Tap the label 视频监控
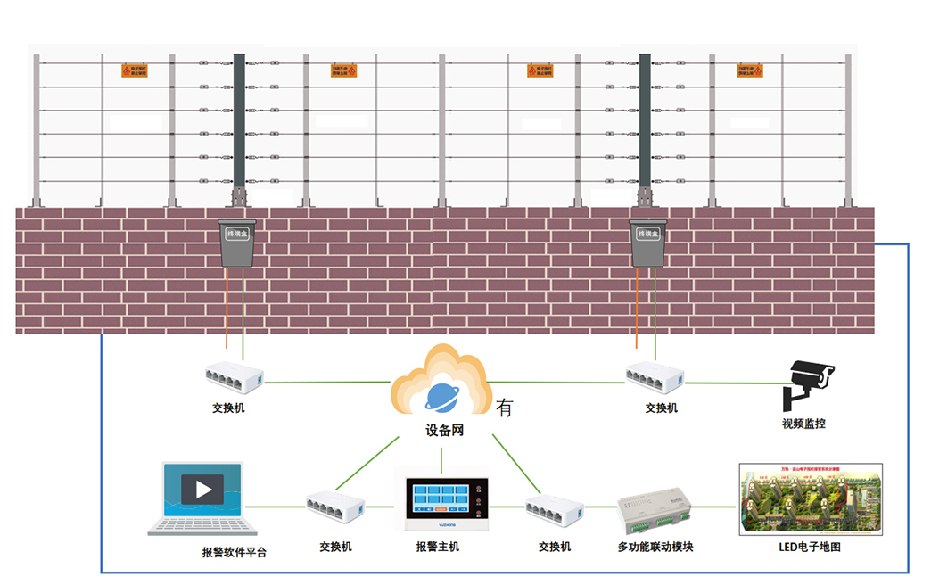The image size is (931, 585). (x=803, y=424)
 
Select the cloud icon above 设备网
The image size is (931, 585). (x=441, y=383)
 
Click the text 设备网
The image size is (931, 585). (x=444, y=431)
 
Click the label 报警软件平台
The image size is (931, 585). (x=235, y=552)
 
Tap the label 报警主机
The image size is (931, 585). (x=438, y=547)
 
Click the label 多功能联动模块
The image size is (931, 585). (x=655, y=547)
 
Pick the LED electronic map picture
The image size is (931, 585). (x=810, y=498)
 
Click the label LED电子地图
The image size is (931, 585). (x=810, y=547)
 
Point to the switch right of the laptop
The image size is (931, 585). (x=335, y=510)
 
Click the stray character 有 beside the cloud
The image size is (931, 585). (x=505, y=408)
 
